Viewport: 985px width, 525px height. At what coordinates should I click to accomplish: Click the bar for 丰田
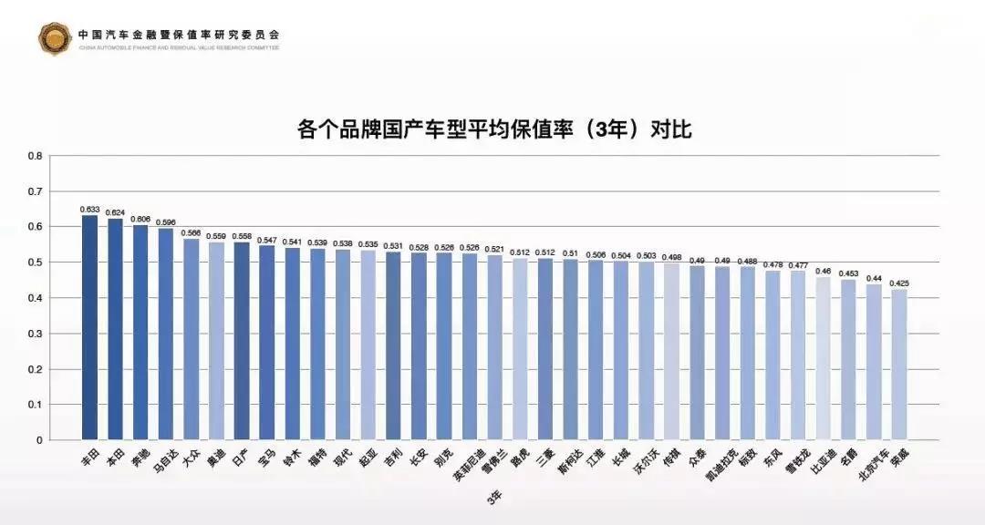(89, 328)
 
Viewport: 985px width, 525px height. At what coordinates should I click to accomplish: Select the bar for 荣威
(899, 365)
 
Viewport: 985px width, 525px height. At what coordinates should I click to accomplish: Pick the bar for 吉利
(393, 346)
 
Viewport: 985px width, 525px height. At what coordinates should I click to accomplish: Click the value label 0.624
(115, 212)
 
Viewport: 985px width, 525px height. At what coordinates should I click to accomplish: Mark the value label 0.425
(899, 283)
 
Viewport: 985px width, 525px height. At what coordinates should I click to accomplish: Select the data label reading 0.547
(266, 240)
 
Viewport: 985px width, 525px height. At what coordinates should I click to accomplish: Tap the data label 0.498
(671, 257)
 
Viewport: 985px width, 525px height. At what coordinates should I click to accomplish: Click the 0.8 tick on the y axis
(36, 156)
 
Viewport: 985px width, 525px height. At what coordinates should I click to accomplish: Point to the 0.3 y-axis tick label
(36, 334)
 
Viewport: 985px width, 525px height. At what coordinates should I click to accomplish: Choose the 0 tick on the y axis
(39, 440)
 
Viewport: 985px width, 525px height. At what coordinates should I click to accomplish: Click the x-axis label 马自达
(165, 462)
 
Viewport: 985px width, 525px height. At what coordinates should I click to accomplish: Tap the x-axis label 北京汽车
(870, 466)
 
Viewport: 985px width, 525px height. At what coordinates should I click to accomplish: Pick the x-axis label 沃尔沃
(644, 463)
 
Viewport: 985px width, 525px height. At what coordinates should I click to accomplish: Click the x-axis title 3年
(493, 498)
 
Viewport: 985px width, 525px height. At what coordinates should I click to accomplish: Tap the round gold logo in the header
(54, 37)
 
